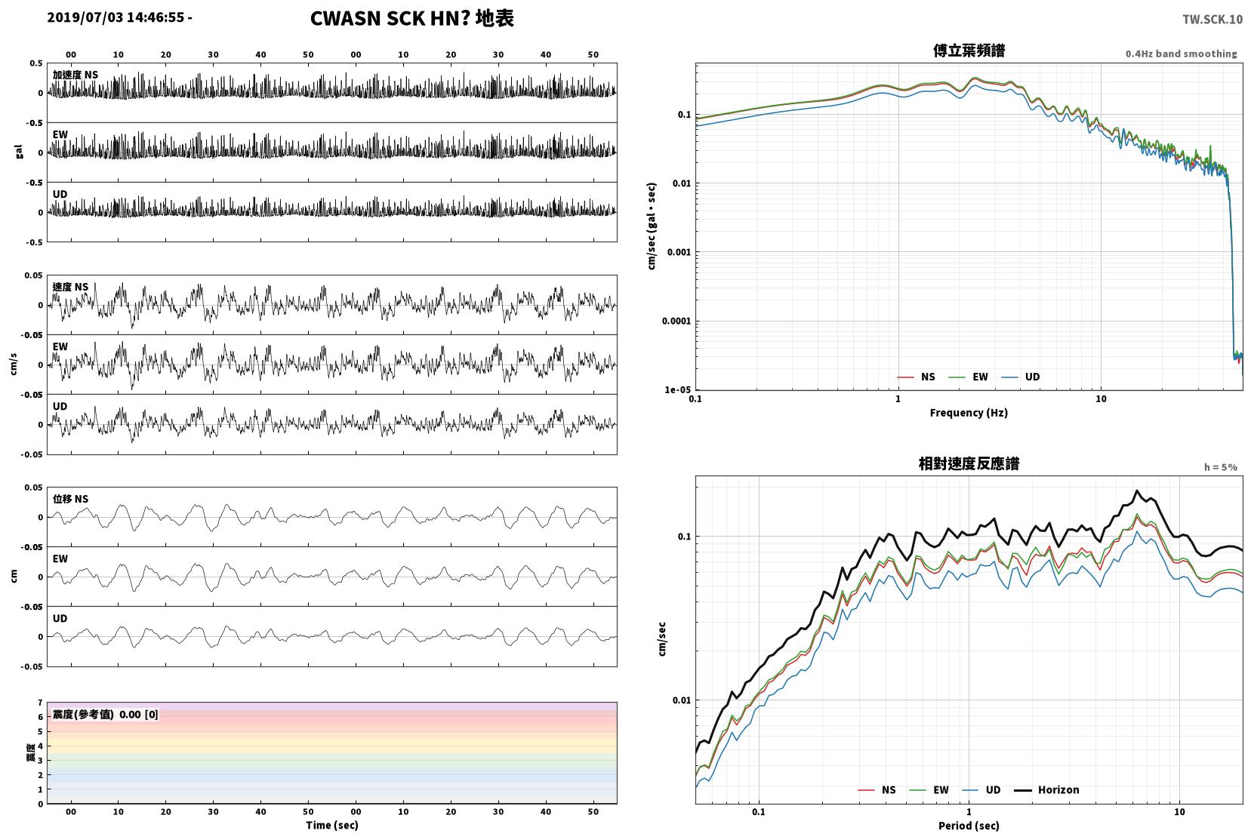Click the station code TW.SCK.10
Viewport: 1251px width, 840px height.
point(1212,20)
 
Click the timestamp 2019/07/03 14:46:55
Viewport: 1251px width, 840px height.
point(116,17)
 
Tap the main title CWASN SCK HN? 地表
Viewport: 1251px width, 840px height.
point(411,18)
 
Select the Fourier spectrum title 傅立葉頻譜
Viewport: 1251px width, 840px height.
point(969,51)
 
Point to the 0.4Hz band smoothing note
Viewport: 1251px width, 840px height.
point(1182,54)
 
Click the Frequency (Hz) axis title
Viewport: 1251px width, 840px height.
point(969,413)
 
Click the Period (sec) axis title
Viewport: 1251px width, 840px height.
point(969,826)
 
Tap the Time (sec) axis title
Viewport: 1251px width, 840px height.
point(331,825)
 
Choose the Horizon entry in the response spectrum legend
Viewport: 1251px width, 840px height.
point(1046,789)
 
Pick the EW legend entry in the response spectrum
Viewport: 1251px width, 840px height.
point(930,789)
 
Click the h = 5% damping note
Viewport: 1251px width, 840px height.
point(1220,467)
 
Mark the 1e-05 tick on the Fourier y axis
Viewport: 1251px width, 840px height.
point(677,389)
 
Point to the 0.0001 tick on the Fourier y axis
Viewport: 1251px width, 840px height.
point(676,321)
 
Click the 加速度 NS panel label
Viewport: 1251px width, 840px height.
point(75,75)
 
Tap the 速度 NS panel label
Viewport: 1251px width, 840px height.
point(70,287)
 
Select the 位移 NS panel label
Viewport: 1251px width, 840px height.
point(70,499)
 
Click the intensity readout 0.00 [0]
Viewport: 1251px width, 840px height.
point(138,715)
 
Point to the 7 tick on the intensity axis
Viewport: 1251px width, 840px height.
point(40,703)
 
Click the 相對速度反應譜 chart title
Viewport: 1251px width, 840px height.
point(969,464)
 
